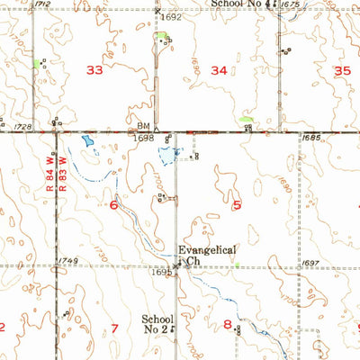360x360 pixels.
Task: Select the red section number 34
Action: pyautogui.click(x=219, y=69)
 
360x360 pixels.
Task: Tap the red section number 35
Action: pyautogui.click(x=341, y=70)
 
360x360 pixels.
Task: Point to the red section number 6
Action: pyautogui.click(x=113, y=205)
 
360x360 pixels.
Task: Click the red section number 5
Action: pyautogui.click(x=237, y=205)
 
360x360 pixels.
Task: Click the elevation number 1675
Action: pyautogui.click(x=290, y=4)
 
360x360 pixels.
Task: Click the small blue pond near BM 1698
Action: pyautogui.click(x=86, y=140)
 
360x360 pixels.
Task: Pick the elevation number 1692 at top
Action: pyautogui.click(x=172, y=17)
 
